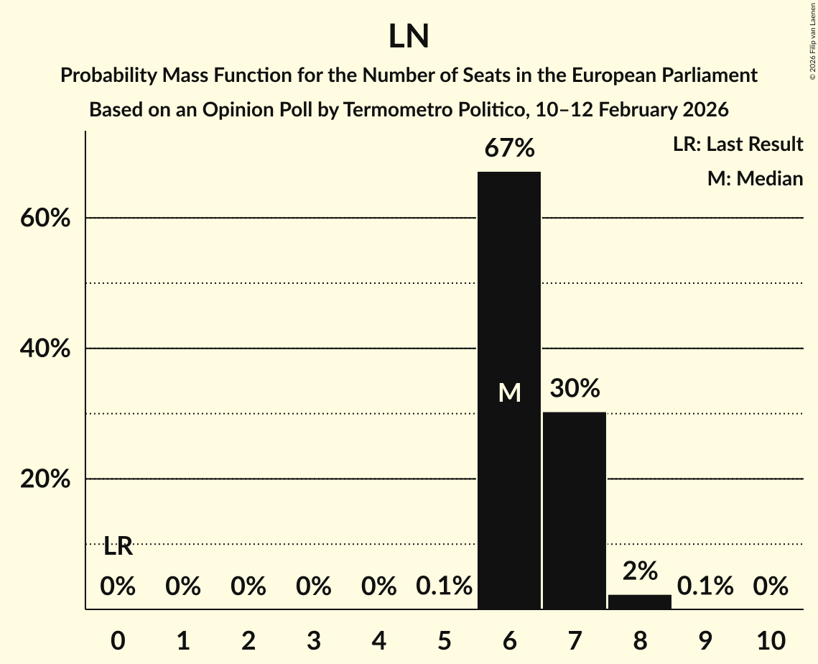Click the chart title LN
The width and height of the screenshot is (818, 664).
[409, 37]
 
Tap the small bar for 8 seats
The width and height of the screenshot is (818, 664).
[640, 601]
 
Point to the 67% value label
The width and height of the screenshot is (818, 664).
[509, 149]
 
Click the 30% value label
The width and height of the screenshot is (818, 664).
[575, 389]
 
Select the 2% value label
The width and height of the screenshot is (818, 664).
[640, 571]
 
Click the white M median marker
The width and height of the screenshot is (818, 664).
[509, 392]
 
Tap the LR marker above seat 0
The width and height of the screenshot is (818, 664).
[118, 547]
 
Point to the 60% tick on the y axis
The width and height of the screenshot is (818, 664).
[45, 218]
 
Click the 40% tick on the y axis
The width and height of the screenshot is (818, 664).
[45, 349]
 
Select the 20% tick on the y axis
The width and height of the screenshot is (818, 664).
[45, 479]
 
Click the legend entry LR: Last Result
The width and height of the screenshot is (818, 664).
[738, 144]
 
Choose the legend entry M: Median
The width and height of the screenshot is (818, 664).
[755, 178]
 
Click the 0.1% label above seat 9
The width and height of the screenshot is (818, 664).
[705, 587]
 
